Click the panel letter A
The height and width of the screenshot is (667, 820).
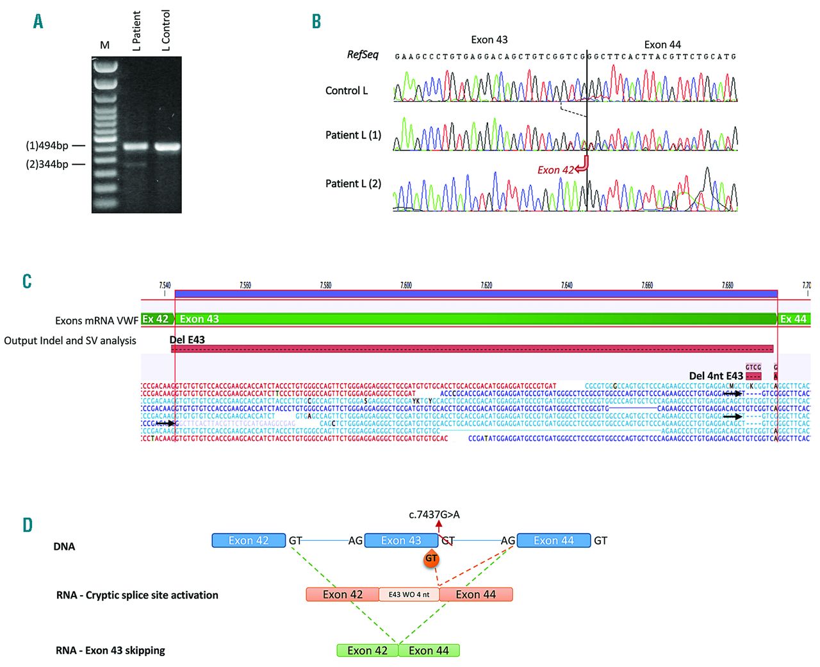point(38,22)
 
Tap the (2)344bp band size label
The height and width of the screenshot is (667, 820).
point(47,165)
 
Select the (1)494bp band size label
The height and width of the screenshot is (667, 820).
point(47,146)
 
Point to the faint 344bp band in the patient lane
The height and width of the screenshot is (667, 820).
point(136,165)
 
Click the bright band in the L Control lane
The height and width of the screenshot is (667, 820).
point(167,147)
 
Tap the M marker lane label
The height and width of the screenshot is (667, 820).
point(105,45)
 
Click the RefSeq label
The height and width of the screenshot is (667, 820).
point(363,55)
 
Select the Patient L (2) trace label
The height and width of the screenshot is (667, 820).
point(353,184)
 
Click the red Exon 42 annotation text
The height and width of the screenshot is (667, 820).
point(555,170)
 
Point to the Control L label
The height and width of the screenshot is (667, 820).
point(347,91)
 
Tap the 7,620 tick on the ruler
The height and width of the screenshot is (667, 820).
point(486,286)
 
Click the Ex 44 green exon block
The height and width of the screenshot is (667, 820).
point(794,319)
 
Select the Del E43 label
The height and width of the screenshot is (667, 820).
point(187,340)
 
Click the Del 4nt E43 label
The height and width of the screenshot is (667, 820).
point(716,376)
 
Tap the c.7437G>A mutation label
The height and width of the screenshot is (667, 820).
point(434,515)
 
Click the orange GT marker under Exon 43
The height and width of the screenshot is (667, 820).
point(432,559)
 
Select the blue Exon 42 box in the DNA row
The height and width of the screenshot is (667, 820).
point(249,541)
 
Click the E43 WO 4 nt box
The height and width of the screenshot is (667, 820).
point(409,595)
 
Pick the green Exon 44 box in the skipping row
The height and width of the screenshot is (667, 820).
point(429,651)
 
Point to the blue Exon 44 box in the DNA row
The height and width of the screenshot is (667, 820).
point(553,541)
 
